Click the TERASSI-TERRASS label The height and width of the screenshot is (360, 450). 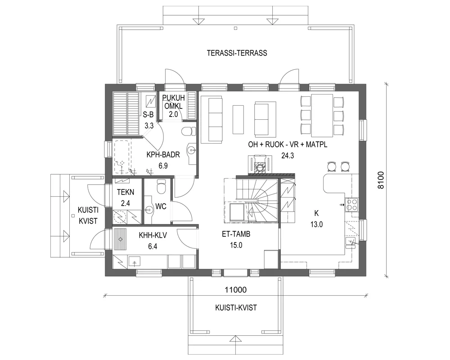point(237,53)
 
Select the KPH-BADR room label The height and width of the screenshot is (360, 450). point(163,155)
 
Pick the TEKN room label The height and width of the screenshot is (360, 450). point(125,192)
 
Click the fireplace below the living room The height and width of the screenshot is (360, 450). point(261,166)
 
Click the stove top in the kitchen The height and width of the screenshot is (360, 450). point(352,205)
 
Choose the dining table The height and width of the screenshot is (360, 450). point(323,114)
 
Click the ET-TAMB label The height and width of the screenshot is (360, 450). point(235,234)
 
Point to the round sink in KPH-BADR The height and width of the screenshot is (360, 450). point(192,149)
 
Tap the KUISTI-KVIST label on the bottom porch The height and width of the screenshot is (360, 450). point(236,307)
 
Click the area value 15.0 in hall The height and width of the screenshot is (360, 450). point(235,245)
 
